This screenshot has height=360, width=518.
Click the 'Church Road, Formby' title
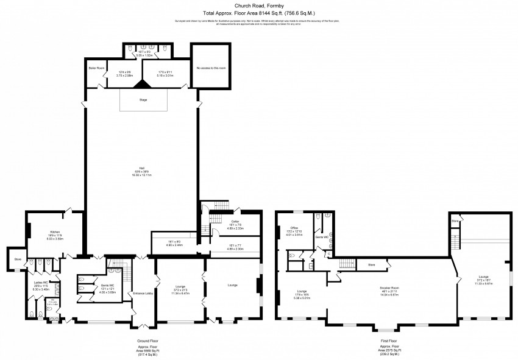click(x=258, y=5)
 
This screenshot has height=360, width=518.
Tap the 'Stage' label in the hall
click(x=143, y=99)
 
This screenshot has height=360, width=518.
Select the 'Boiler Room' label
click(x=96, y=68)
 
